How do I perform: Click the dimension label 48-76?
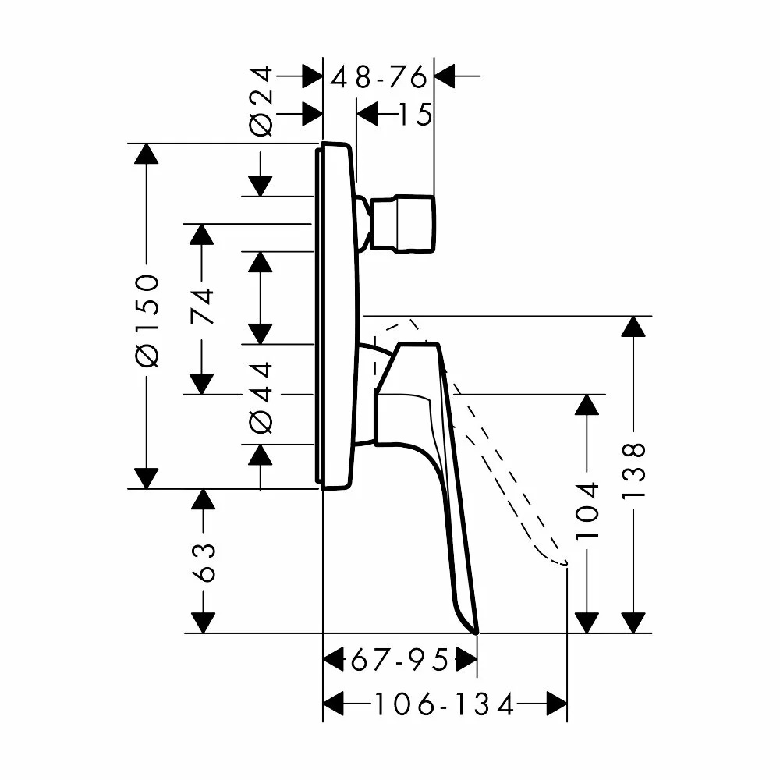pyautogui.click(x=378, y=77)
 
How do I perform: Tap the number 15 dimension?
pyautogui.click(x=416, y=115)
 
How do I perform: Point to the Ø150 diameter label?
pyautogui.click(x=147, y=321)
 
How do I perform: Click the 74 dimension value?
pyautogui.click(x=202, y=306)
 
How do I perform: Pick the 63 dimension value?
pyautogui.click(x=204, y=562)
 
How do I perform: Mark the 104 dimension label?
pyautogui.click(x=587, y=510)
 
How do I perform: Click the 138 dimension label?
pyautogui.click(x=633, y=470)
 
